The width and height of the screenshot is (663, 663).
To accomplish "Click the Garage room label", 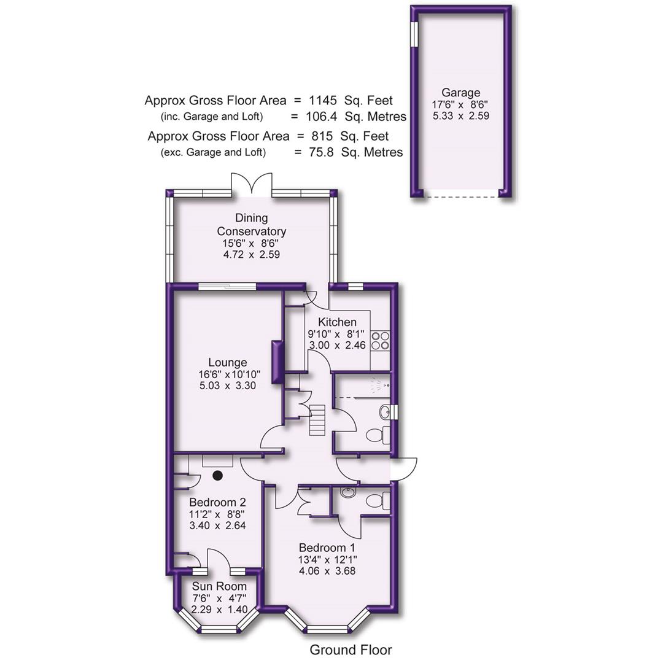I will coord(460,93).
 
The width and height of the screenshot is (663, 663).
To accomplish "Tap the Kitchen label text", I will coord(337,322).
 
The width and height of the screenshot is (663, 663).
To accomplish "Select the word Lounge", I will coord(227,362).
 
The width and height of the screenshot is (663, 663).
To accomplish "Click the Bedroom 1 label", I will coord(327,548).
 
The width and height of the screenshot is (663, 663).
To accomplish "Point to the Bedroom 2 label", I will coord(217,503).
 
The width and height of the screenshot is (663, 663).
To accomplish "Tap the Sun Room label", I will coord(219,587).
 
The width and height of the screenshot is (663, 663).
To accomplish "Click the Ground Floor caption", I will coord(350,649).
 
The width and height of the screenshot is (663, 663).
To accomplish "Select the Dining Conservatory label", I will coord(252,225).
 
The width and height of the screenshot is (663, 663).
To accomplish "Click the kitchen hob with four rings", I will coord(380,340).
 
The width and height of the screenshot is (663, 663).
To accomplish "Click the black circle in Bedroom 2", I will coord(218,475).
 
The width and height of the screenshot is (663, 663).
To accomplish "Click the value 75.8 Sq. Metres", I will coord(356,152).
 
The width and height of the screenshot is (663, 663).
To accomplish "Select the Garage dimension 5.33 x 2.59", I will coord(460,115).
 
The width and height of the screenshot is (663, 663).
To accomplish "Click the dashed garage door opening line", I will coord(460,196).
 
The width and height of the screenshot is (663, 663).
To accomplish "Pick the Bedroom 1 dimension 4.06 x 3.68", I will coord(327,571).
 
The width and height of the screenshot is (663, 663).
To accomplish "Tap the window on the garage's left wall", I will coord(414,33).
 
